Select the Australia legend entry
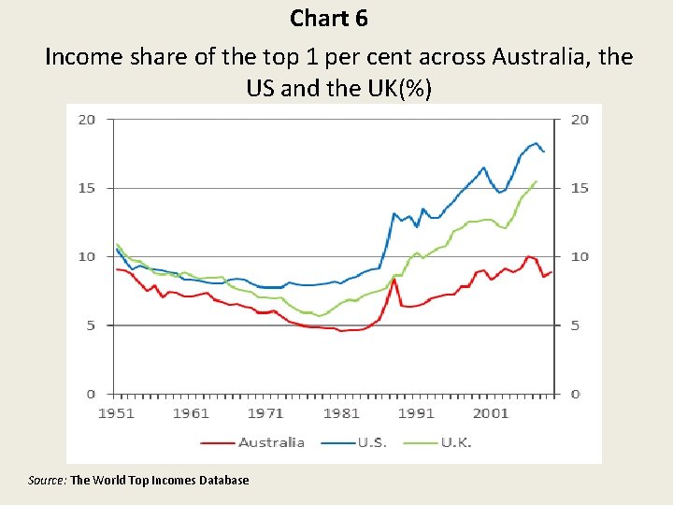click(x=271, y=442)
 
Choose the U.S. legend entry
click(x=371, y=442)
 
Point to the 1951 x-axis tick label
click(x=117, y=412)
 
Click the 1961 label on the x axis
click(x=191, y=412)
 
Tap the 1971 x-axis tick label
click(x=265, y=412)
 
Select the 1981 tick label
click(x=341, y=412)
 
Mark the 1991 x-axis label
click(x=416, y=412)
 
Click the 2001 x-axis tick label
click(x=491, y=412)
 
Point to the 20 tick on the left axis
click(x=86, y=120)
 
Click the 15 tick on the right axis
click(x=580, y=188)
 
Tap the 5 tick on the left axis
click(x=90, y=325)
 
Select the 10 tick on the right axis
click(x=580, y=256)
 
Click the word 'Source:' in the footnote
click(x=48, y=480)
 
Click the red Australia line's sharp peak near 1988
click(x=394, y=279)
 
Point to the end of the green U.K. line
click(x=536, y=181)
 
